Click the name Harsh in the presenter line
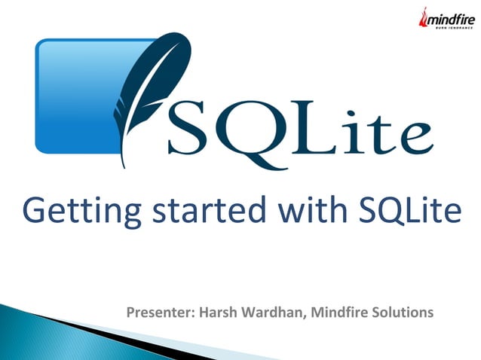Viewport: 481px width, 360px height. coord(216,312)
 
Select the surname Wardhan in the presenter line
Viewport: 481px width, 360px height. coord(271,312)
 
